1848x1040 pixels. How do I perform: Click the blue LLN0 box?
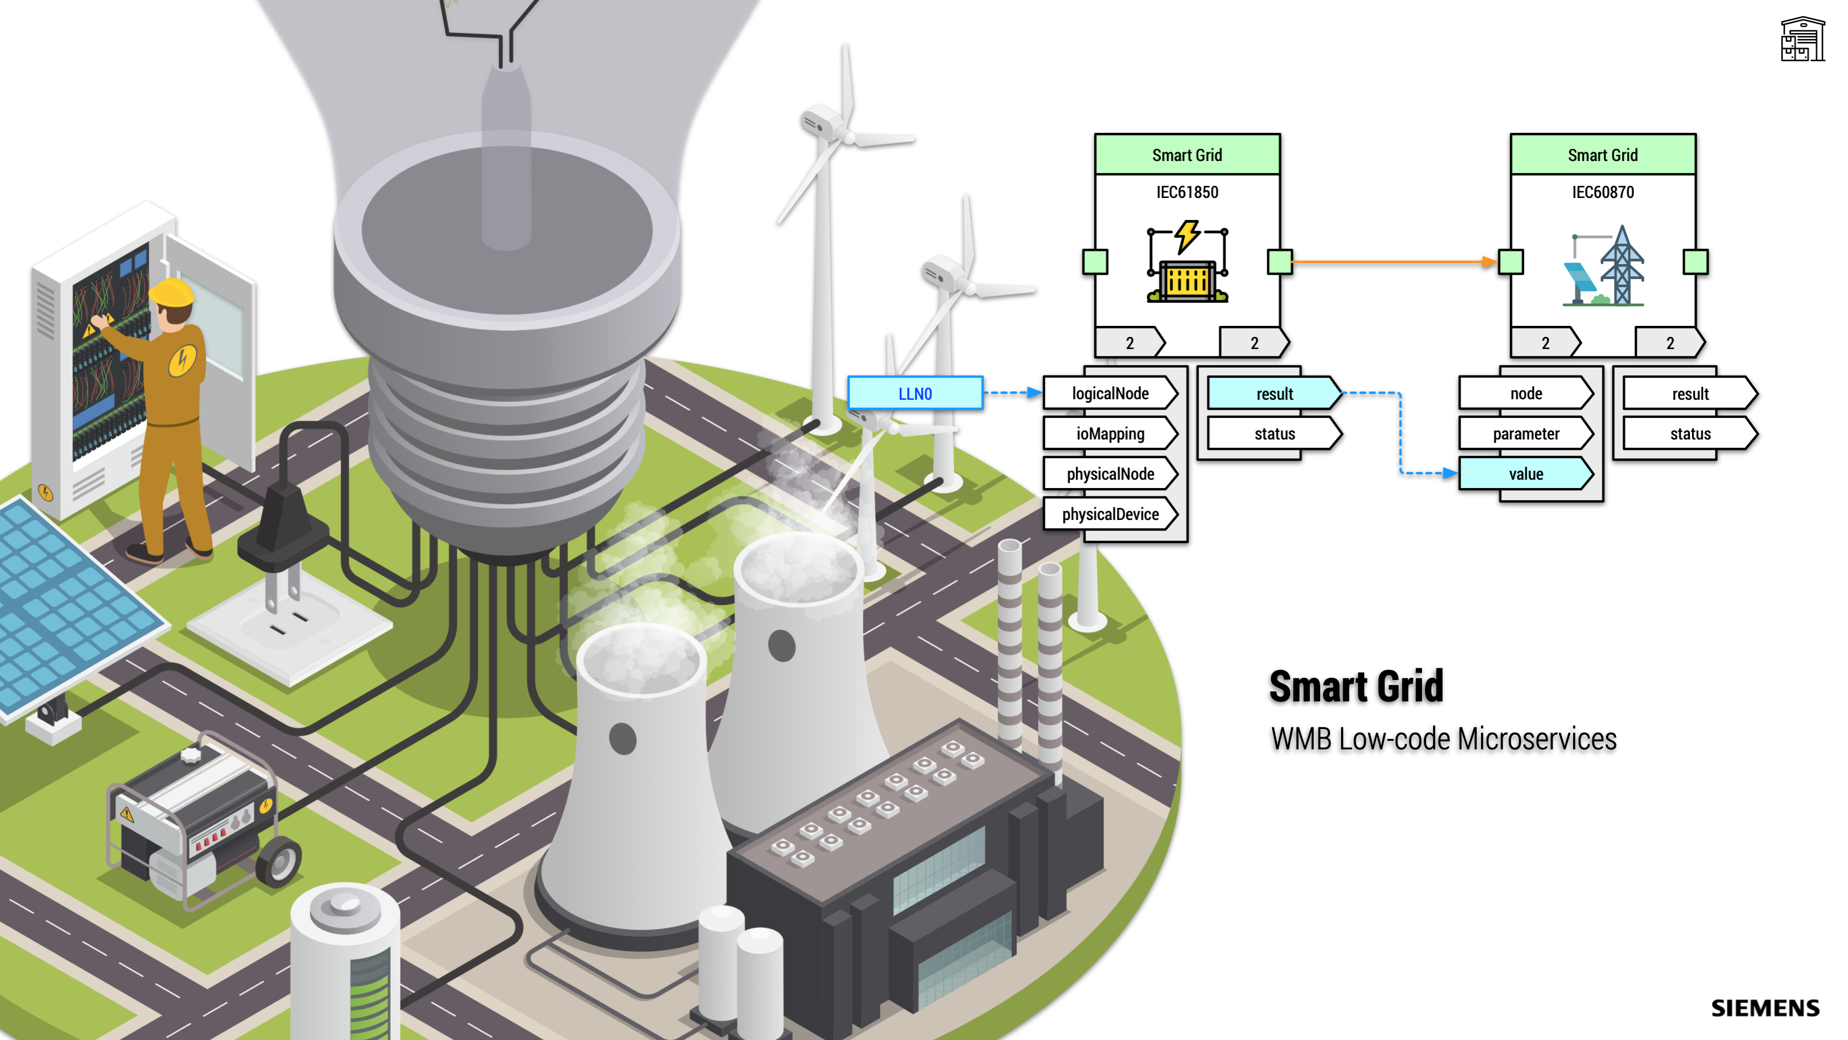point(915,393)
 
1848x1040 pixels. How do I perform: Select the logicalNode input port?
point(1110,393)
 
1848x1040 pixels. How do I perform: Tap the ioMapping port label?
point(1110,433)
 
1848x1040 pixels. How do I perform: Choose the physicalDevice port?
point(1110,514)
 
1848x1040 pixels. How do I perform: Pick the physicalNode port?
point(1110,474)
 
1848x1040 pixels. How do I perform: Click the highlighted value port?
point(1525,474)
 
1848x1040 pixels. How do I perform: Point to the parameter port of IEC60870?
point(1525,433)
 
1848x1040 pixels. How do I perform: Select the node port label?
point(1525,393)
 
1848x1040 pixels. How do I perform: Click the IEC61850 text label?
point(1187,192)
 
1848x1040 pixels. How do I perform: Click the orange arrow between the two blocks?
point(1392,262)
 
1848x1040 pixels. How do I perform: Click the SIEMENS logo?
point(1765,1007)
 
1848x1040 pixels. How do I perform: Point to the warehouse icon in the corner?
point(1802,40)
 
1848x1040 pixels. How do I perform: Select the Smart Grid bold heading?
point(1356,686)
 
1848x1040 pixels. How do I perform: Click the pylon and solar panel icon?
point(1603,267)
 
